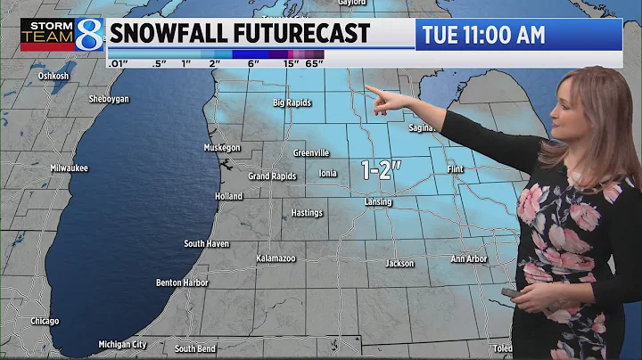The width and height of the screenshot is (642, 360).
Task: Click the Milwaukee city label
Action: point(69,168)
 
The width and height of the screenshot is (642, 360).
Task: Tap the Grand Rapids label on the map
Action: point(271,176)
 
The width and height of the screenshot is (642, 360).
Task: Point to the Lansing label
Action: point(378,202)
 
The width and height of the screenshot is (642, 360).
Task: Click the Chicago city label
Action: point(44,321)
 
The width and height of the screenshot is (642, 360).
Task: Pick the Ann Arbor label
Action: point(468,259)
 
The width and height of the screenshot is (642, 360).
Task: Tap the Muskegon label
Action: point(222,147)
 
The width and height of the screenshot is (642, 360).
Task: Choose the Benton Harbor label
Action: point(182,282)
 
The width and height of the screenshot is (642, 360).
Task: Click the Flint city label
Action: point(456,168)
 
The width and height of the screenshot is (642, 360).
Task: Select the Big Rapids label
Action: point(292,102)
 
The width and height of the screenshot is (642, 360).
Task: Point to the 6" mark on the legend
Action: point(253,64)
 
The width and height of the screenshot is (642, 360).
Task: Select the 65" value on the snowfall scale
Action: point(313,64)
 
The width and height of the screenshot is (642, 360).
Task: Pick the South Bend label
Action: point(194,348)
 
